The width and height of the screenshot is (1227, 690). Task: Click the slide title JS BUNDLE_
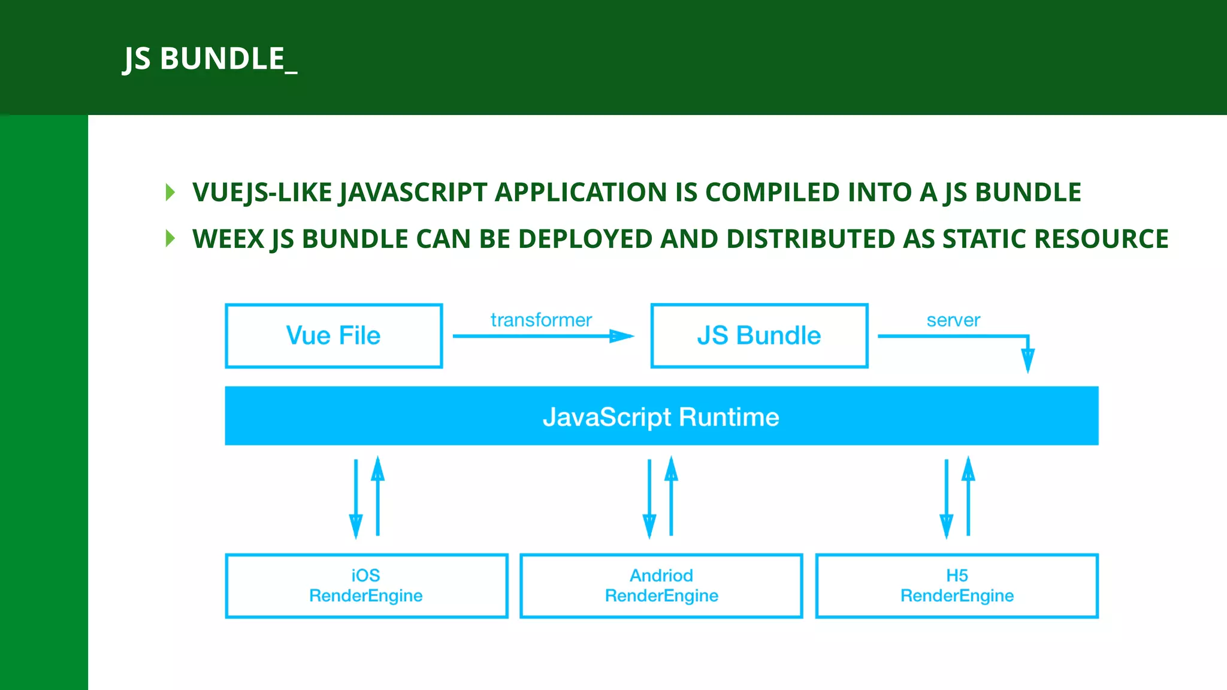coord(210,59)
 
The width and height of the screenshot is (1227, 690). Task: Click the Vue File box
coord(334,335)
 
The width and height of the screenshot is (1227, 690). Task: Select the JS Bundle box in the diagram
coord(759,335)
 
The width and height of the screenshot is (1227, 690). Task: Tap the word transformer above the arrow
coord(541,320)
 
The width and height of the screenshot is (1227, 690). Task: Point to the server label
coord(953,320)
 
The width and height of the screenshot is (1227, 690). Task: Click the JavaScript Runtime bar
coord(661,416)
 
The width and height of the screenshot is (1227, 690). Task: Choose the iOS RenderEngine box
coord(366,586)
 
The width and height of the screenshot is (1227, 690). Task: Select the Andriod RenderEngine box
coord(661,586)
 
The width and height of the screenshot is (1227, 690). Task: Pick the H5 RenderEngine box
coord(957,586)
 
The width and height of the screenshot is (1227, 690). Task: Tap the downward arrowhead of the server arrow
coord(1027,361)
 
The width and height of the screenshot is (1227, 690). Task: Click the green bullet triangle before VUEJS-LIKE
coord(170,192)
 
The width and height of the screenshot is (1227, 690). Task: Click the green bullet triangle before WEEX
coord(170,238)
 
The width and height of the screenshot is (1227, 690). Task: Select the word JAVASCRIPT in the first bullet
coord(413,192)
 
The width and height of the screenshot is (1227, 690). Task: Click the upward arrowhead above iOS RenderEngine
coord(377,468)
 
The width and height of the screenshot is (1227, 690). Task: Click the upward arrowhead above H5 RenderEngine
coord(968,468)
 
